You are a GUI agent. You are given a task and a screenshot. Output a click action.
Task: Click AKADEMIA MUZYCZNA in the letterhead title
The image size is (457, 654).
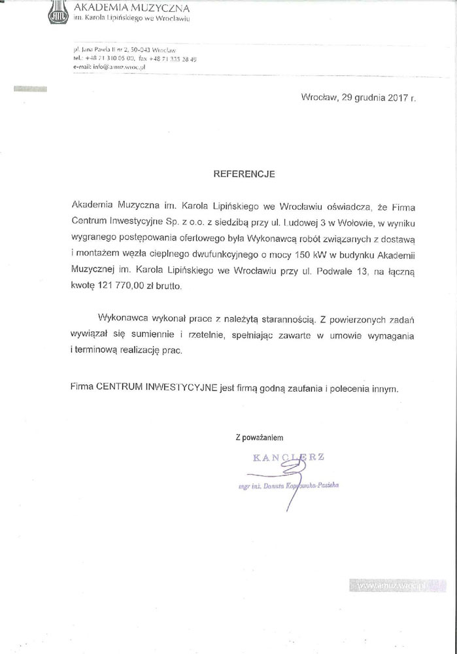click(132, 9)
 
